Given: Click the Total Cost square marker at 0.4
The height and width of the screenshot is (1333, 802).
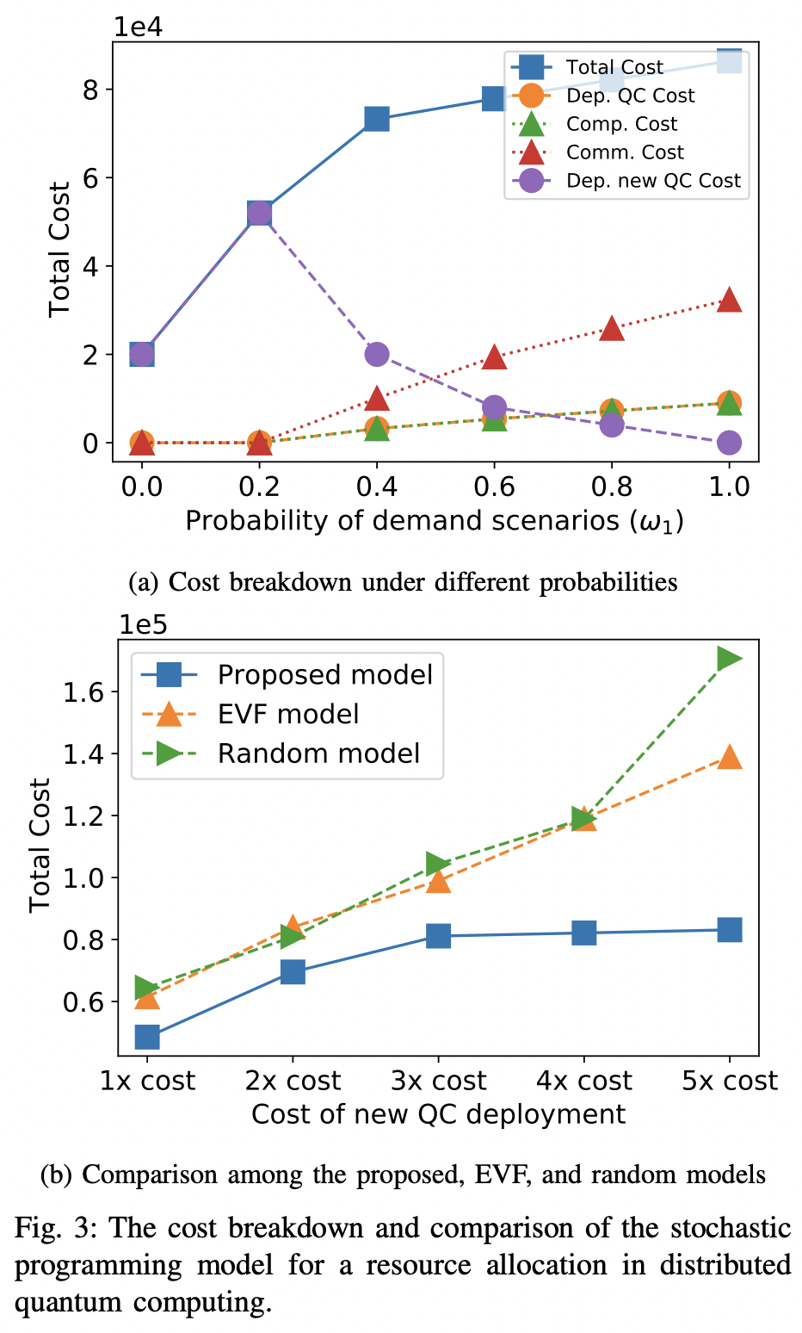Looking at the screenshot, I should [x=377, y=119].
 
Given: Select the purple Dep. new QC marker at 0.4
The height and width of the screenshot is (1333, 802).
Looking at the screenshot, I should [x=377, y=354].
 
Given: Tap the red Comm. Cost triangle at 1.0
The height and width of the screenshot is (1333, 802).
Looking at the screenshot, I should [x=729, y=300].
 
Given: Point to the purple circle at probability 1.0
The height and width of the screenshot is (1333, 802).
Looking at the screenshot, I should [x=729, y=443].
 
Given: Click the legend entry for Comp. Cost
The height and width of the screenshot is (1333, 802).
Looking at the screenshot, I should [x=621, y=124].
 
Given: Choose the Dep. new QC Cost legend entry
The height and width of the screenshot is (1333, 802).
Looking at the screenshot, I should [x=652, y=181].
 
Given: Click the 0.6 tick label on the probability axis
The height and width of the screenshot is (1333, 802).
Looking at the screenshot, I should [x=494, y=487].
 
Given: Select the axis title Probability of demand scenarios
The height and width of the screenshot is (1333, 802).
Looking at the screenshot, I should [x=435, y=521].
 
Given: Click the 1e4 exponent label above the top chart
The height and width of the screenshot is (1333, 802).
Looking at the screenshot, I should [x=139, y=27].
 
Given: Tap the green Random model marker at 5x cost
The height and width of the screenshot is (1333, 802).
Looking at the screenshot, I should [x=730, y=659].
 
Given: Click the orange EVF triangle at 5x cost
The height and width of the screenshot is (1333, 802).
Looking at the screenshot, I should [x=730, y=758].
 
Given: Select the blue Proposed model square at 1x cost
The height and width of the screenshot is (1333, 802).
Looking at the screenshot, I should [x=147, y=1037].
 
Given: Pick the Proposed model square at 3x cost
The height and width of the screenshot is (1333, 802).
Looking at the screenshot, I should [x=439, y=936].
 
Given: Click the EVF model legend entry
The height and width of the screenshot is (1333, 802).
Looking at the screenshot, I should [x=288, y=714].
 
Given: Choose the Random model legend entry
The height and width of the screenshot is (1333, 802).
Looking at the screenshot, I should [x=318, y=753].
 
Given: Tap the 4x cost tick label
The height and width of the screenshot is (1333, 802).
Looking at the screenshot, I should [x=584, y=1081].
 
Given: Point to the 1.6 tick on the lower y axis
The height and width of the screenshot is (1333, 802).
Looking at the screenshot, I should [x=83, y=692].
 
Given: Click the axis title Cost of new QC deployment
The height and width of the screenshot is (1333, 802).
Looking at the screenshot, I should [x=438, y=1114].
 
